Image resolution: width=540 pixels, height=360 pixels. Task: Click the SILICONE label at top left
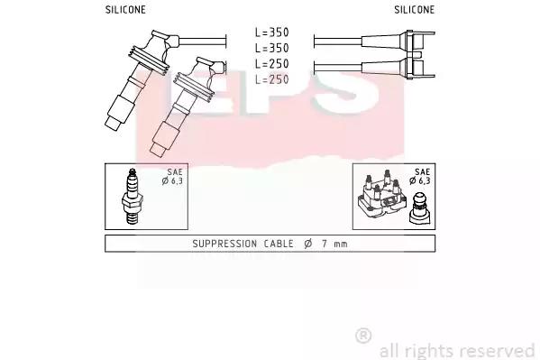point(125,10)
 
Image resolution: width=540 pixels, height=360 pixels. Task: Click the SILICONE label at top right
point(415,10)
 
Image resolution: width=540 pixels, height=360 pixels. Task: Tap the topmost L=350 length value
point(271,32)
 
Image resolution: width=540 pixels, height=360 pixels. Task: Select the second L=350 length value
point(271,48)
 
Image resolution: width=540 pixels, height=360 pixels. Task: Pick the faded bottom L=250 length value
point(271,79)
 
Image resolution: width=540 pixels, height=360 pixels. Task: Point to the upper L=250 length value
point(271,64)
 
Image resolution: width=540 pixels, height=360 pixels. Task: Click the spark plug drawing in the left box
point(133,196)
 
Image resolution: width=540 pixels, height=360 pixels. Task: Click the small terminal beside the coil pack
point(420,208)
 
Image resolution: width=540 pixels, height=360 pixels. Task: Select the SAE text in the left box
point(175,171)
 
